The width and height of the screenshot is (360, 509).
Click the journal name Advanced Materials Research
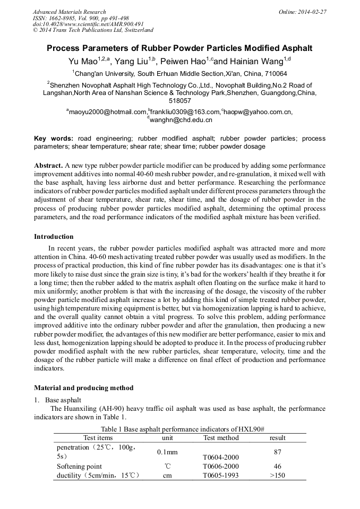coord(69,12)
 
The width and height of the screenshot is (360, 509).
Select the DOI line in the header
coord(88,24)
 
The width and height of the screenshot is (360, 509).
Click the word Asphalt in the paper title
coord(293,48)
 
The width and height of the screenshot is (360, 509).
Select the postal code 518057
coord(179,100)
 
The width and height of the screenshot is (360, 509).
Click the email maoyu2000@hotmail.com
coord(107,112)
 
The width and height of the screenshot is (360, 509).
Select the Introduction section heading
coord(54,237)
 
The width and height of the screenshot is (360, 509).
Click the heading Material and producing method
coord(83,387)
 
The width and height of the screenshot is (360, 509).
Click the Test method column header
coord(221,438)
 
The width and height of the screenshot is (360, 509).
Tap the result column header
coord(277,438)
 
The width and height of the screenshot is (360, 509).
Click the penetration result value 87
coord(277,452)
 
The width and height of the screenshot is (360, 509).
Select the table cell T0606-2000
coord(221,467)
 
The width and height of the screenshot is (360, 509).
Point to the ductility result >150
coord(277,476)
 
